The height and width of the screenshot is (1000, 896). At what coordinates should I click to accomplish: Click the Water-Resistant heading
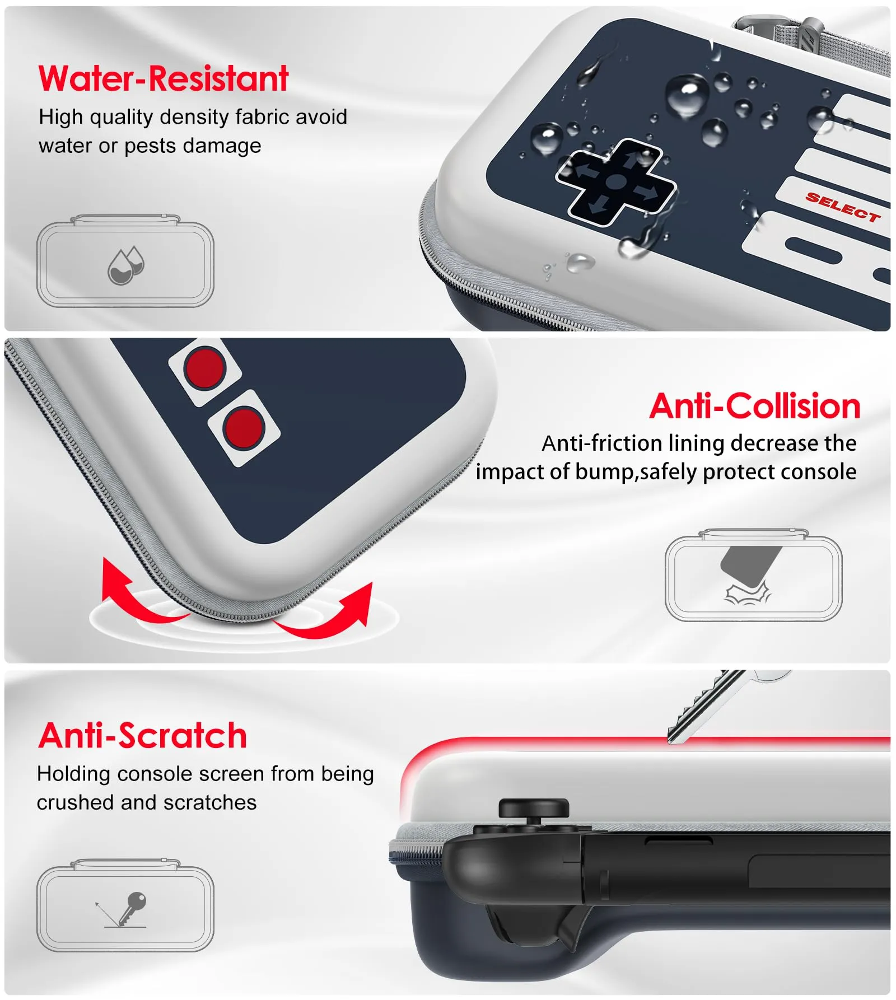coord(163,78)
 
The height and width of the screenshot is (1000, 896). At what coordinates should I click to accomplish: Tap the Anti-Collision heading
coord(755,405)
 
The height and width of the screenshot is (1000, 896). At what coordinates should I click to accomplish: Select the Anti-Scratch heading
coord(143,735)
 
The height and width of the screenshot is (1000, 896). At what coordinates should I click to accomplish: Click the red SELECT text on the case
coord(843,207)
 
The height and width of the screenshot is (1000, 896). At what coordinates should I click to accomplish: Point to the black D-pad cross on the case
coord(616,182)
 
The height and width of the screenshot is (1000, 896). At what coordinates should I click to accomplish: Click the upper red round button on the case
coord(205,368)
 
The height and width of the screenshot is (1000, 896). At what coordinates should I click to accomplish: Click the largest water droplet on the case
coord(688,95)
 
